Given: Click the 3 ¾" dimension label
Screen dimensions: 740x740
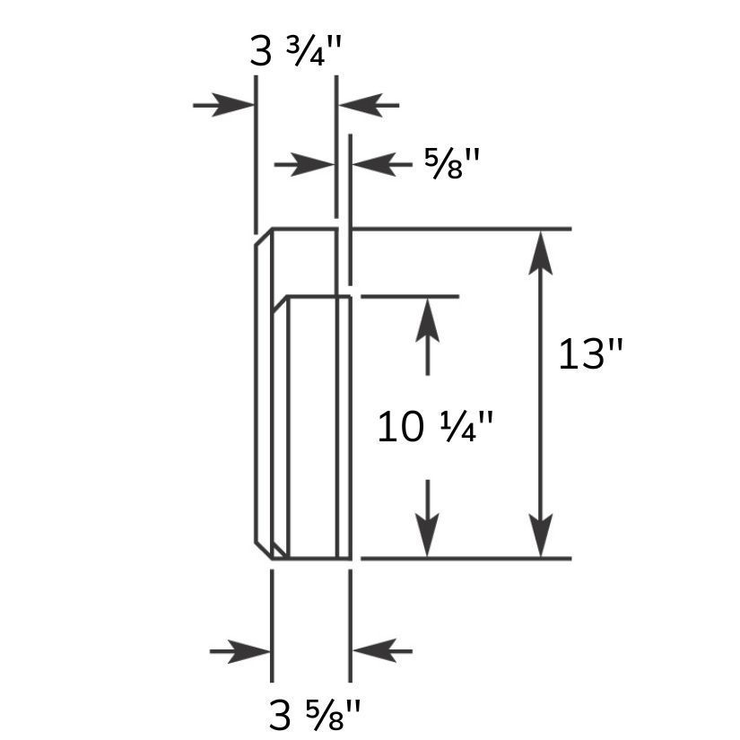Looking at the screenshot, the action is coord(295,52).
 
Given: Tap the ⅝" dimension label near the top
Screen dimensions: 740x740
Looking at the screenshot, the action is coord(451,163).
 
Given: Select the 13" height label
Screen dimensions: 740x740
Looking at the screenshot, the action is coord(590,354).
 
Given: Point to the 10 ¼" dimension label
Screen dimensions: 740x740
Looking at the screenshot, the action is coord(435,427).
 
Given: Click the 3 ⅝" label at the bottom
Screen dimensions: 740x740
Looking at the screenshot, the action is coord(315,715).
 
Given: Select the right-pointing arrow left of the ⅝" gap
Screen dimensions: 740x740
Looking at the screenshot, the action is coord(304,165).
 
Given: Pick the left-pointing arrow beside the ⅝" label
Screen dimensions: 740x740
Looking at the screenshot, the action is coord(382,165).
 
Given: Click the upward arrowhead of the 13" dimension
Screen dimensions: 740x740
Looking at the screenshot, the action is coord(540,252).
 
